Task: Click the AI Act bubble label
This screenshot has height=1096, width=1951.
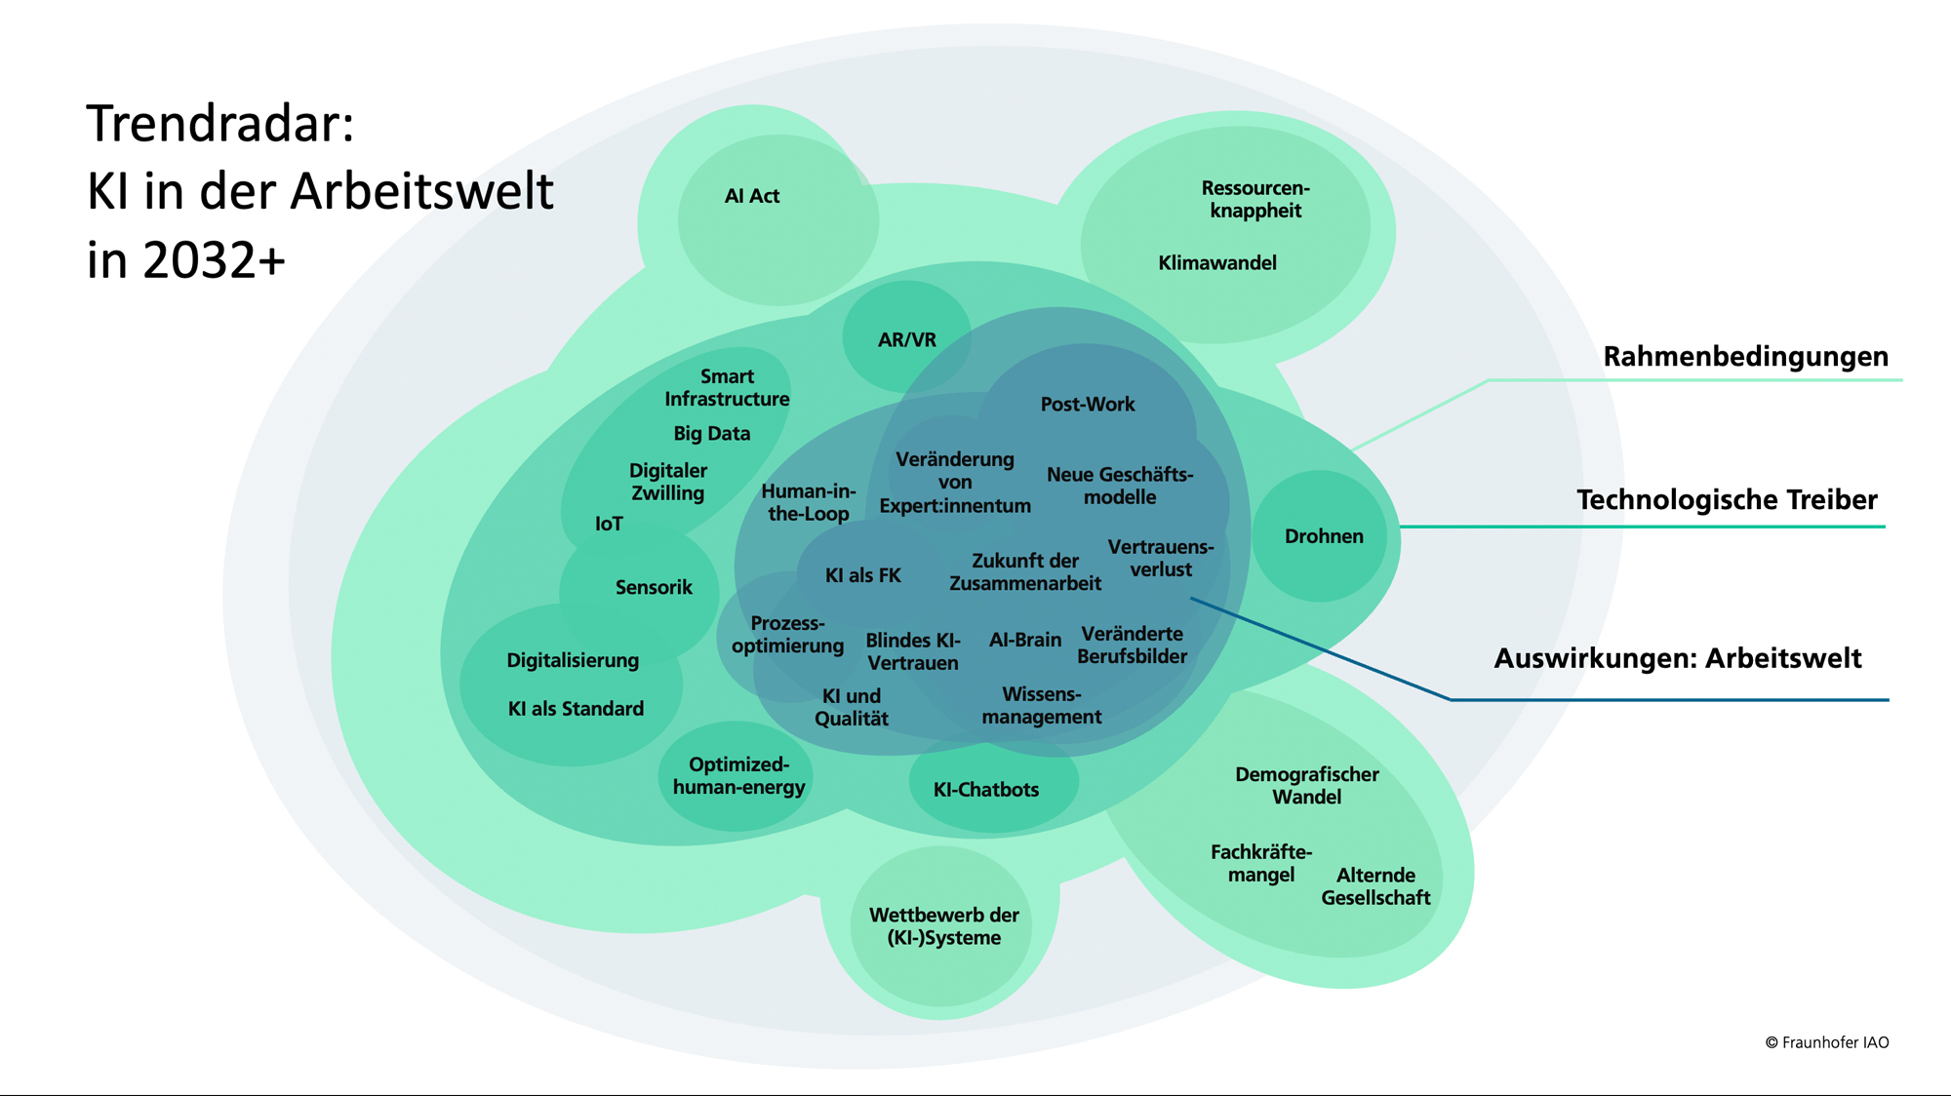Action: (751, 196)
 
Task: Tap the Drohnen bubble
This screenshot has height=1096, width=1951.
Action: (1323, 536)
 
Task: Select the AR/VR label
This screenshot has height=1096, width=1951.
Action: (906, 340)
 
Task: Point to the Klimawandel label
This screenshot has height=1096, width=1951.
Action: (1216, 263)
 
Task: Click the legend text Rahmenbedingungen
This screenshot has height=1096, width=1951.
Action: (1745, 357)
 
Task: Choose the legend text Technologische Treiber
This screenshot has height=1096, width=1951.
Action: (1727, 500)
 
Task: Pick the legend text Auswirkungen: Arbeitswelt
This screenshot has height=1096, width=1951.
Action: (1677, 659)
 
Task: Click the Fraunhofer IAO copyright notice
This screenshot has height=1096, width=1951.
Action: (1826, 1042)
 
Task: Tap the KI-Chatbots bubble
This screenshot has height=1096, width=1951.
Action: (986, 790)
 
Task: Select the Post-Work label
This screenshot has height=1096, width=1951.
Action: (1087, 405)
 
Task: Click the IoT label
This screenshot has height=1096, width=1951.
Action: (609, 525)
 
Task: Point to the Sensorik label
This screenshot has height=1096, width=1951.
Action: (654, 588)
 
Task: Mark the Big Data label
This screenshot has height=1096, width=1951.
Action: (711, 434)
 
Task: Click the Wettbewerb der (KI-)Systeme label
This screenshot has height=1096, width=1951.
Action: (943, 926)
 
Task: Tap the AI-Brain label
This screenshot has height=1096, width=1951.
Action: (1024, 641)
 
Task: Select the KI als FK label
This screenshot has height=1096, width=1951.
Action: (862, 576)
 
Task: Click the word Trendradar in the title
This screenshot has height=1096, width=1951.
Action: (219, 124)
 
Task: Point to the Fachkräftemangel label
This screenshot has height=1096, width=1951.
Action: (1260, 863)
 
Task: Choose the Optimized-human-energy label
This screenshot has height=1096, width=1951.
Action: (738, 776)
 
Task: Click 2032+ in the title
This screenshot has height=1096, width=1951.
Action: (214, 261)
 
